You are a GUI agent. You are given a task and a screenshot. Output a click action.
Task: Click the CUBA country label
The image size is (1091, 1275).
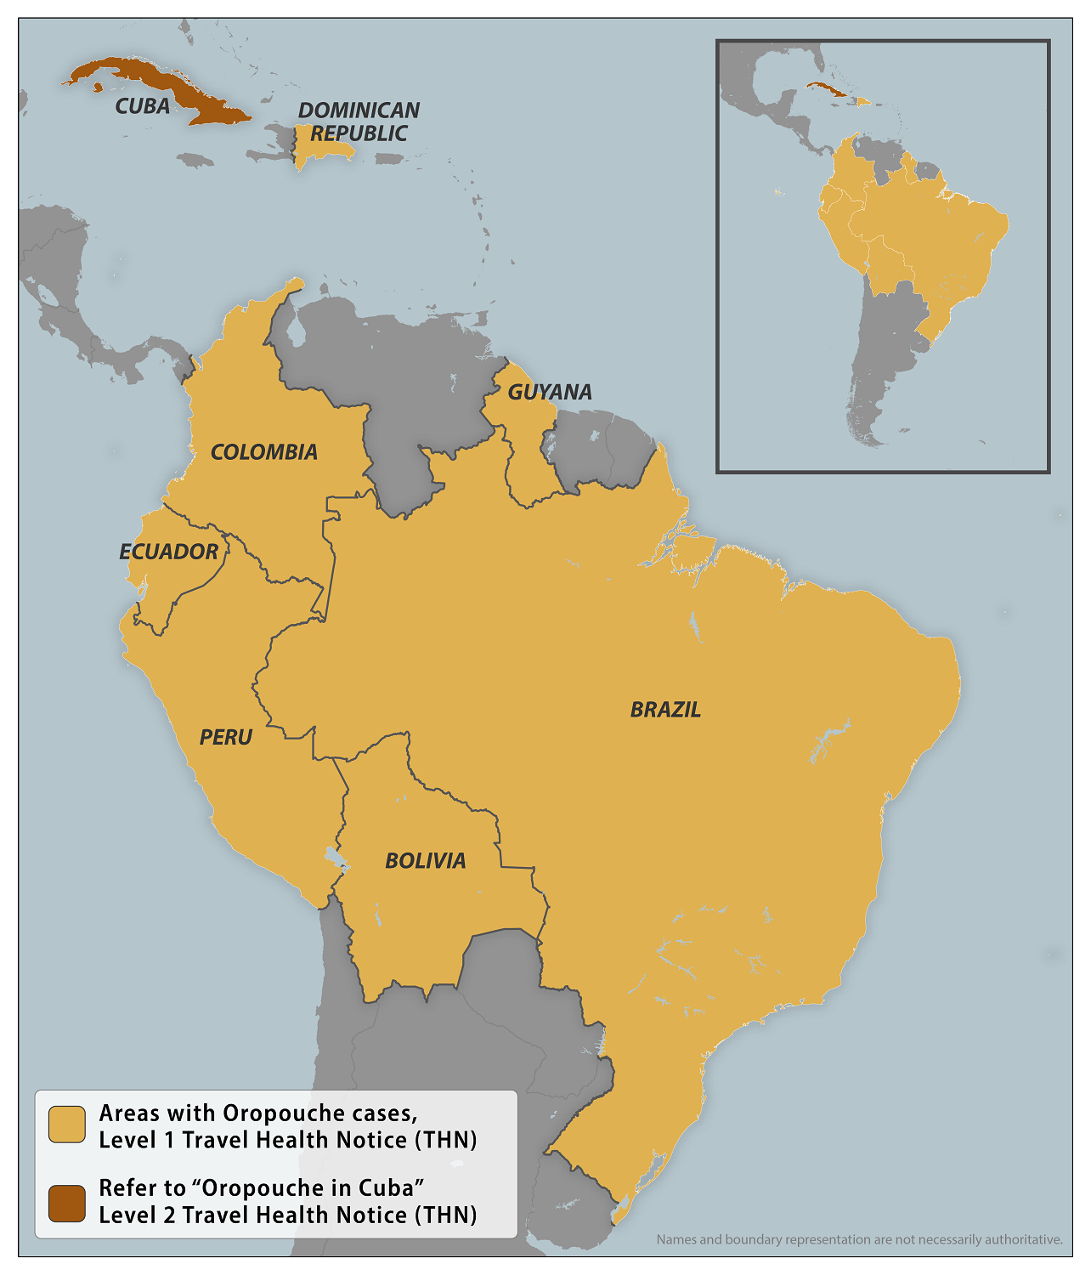tap(143, 106)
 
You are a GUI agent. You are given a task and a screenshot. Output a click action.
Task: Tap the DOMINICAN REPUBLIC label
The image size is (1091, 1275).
tap(359, 122)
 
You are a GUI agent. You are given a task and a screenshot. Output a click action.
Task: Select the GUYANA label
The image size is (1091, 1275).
tap(550, 392)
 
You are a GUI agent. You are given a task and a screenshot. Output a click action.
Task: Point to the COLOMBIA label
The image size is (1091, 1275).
tap(264, 452)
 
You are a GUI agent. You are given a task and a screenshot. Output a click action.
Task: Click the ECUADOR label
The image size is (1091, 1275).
tap(169, 552)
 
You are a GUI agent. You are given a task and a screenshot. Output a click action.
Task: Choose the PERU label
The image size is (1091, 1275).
tap(226, 737)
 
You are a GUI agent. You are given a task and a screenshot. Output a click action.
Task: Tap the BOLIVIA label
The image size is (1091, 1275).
tap(426, 861)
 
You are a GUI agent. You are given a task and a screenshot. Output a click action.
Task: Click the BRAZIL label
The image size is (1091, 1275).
tap(665, 710)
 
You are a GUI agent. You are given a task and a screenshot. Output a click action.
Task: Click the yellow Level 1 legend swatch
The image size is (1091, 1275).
tap(67, 1125)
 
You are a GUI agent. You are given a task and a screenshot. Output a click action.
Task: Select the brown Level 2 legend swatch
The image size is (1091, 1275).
tap(67, 1204)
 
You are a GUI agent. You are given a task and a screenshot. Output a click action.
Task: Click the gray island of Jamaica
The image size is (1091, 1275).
tap(195, 160)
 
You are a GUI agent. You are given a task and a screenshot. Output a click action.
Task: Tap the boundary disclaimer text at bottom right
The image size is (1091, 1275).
tap(859, 1239)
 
